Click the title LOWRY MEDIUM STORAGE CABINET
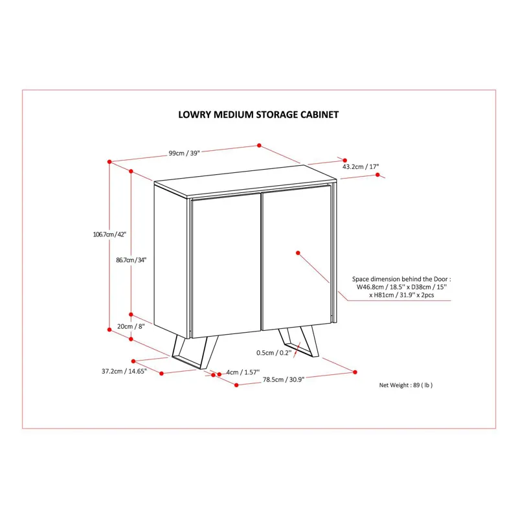click(258, 115)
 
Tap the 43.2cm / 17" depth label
click(361, 167)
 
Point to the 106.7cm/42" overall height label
click(110, 234)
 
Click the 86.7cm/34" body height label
click(131, 260)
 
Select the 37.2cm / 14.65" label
click(124, 372)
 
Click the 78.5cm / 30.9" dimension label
click(284, 380)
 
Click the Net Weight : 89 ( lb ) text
click(406, 385)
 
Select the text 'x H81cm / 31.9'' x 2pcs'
click(402, 295)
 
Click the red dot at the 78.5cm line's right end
click(355, 372)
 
